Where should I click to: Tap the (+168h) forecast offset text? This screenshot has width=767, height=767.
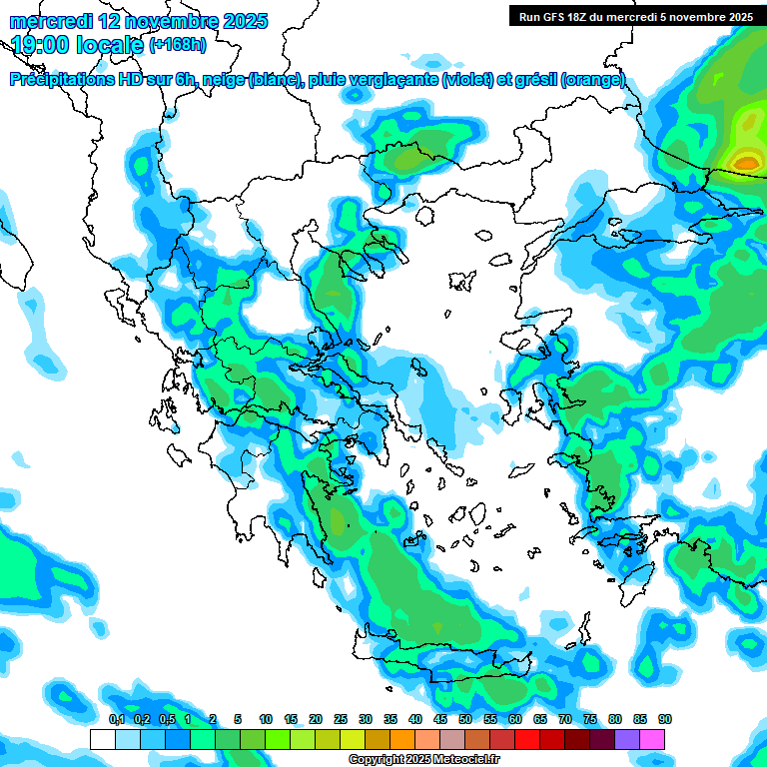point(178,44)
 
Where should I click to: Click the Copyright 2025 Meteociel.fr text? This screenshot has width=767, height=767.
point(423,760)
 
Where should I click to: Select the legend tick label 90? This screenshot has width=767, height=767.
point(664,719)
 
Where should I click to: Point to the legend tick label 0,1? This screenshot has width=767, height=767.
point(116,719)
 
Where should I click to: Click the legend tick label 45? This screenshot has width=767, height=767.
point(440,719)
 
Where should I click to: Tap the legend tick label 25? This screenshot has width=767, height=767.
point(341,719)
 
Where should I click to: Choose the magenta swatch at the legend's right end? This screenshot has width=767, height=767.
point(652,739)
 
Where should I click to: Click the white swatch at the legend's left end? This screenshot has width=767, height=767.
point(102,739)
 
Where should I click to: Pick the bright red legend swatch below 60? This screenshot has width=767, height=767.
point(527,739)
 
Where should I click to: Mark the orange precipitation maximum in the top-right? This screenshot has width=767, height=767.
point(746,160)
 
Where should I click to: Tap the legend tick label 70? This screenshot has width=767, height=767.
point(565,719)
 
